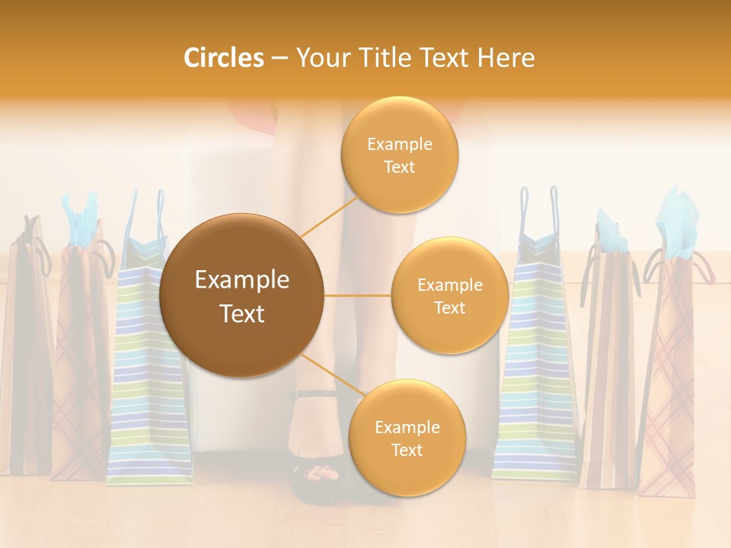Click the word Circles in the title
pos(223,58)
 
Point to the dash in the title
pos(279,59)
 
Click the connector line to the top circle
pos(329,217)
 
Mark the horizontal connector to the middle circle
pos(358,295)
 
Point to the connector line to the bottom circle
pos(330,375)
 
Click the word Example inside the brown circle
pos(241,280)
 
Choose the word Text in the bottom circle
pos(407,450)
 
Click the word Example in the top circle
pos(399,144)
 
